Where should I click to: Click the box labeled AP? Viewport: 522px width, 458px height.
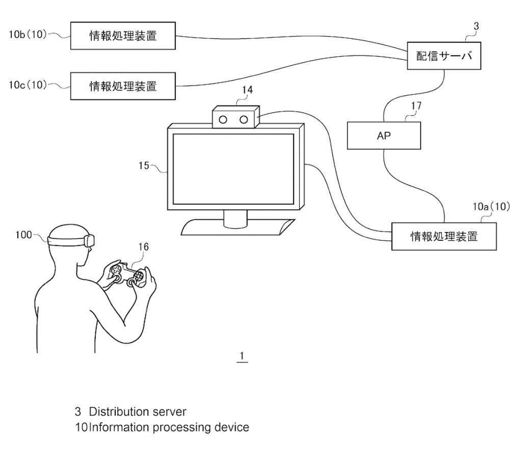(384, 136)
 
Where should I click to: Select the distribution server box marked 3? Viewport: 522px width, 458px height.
(444, 56)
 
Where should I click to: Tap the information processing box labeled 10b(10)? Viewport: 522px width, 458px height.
(123, 36)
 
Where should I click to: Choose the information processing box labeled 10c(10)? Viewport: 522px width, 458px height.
(123, 86)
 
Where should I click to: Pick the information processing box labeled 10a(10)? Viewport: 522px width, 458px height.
(444, 237)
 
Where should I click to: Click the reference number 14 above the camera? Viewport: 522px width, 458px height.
(247, 90)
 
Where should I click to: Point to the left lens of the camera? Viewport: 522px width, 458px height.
(223, 120)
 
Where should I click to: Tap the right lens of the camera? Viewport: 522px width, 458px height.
(244, 120)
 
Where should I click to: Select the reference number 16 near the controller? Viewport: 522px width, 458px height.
(143, 247)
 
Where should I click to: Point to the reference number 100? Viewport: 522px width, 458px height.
(23, 235)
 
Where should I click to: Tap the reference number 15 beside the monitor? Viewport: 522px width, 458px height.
(144, 166)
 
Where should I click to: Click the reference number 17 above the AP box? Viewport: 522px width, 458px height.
(416, 106)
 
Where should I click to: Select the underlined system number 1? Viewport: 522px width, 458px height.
(242, 356)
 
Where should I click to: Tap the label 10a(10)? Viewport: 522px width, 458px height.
(491, 207)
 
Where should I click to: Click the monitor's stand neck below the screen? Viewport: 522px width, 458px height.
(236, 219)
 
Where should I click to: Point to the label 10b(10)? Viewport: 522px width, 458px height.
(28, 34)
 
